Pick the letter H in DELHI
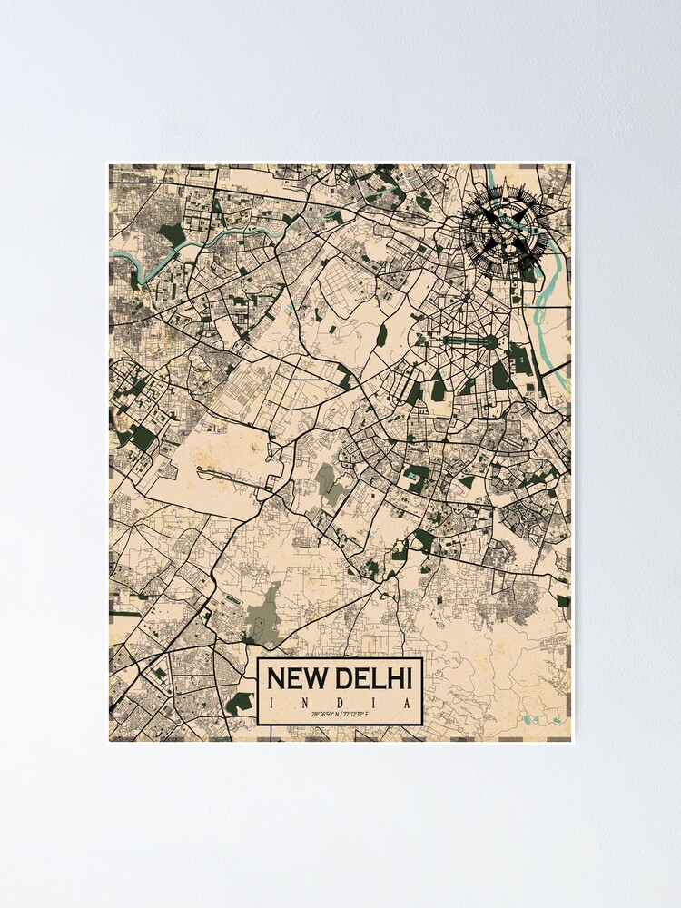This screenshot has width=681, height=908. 399,679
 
